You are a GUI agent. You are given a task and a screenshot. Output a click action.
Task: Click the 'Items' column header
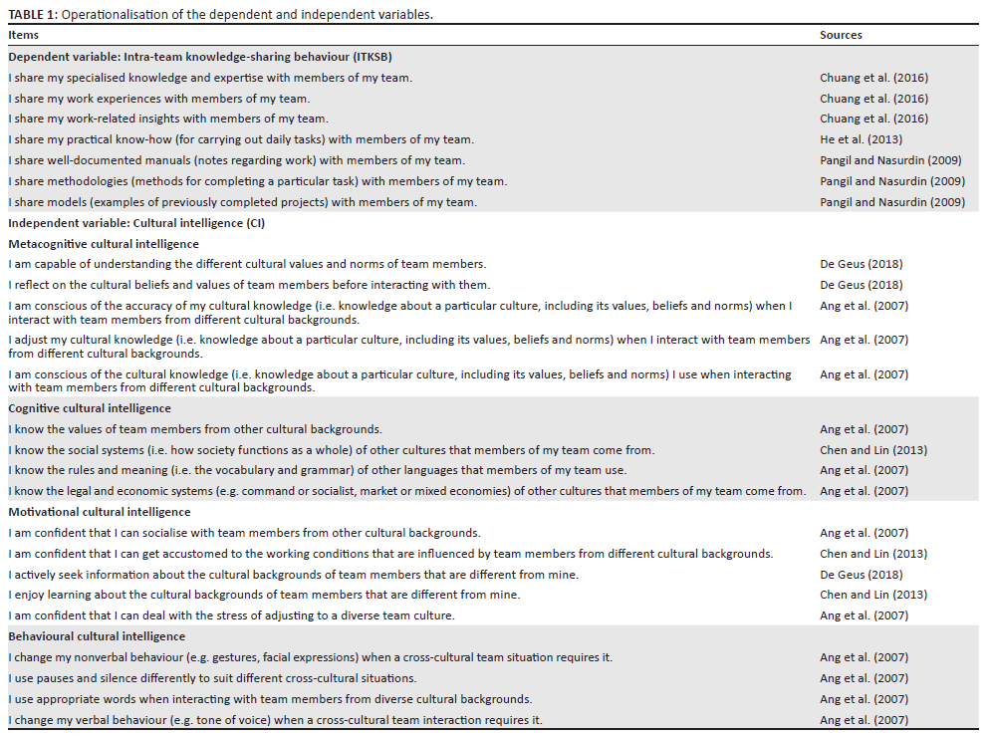pos(24,35)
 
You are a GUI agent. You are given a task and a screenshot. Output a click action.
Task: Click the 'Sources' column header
pos(841,35)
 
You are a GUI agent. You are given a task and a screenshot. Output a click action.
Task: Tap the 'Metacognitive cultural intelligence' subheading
pos(104,244)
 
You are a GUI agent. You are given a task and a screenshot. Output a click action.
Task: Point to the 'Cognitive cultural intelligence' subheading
pos(90,408)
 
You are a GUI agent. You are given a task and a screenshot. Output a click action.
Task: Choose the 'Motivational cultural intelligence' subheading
pos(100,512)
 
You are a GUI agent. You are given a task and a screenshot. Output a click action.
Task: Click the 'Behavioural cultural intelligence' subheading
pos(97,636)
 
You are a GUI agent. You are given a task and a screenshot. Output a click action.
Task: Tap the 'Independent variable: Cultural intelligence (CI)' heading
pos(135,223)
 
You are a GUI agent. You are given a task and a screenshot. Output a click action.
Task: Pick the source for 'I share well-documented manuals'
pos(891,160)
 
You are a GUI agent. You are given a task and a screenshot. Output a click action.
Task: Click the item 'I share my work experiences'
pos(158,99)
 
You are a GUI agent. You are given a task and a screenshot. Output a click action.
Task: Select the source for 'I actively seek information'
pos(862,575)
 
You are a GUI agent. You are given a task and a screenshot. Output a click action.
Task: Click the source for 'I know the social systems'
pos(872,450)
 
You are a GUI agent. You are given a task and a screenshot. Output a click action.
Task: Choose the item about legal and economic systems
pos(406,491)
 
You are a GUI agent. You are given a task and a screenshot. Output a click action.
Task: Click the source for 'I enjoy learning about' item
pos(872,595)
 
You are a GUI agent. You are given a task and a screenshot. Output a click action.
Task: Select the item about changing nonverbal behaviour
pos(310,657)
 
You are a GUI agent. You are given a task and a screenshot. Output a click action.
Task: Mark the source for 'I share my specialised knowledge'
pos(873,78)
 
